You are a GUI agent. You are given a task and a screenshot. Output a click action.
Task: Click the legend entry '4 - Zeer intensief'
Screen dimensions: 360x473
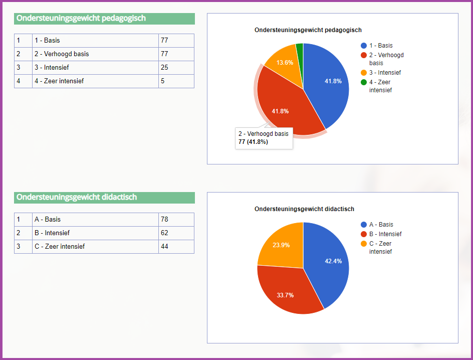point(380,86)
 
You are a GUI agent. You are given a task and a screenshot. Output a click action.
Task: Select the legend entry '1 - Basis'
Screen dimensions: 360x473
point(381,46)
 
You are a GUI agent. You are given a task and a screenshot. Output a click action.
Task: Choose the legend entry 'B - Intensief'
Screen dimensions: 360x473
point(385,234)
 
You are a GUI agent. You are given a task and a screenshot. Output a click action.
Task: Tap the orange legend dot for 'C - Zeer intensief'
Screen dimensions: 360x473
point(364,244)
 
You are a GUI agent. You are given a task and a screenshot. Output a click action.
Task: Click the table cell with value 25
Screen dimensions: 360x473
point(176,68)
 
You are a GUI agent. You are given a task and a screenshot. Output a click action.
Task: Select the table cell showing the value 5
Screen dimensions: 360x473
point(176,81)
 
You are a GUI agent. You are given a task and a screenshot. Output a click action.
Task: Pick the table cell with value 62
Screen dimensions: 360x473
point(176,233)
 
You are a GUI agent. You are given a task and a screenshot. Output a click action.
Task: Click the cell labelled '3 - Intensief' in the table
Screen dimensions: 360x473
point(95,68)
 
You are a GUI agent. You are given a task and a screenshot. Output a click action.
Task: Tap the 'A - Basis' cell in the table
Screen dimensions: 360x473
point(95,220)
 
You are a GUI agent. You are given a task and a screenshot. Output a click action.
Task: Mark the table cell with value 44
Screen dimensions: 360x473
point(176,247)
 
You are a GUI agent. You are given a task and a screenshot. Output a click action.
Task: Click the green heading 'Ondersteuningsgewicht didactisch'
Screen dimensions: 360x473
point(104,198)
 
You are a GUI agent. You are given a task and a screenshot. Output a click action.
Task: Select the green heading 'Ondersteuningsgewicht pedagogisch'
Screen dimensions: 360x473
point(104,19)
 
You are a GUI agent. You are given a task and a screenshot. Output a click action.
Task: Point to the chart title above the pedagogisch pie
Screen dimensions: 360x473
point(308,30)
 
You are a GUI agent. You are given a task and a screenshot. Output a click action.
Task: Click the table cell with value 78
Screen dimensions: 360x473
point(176,220)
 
